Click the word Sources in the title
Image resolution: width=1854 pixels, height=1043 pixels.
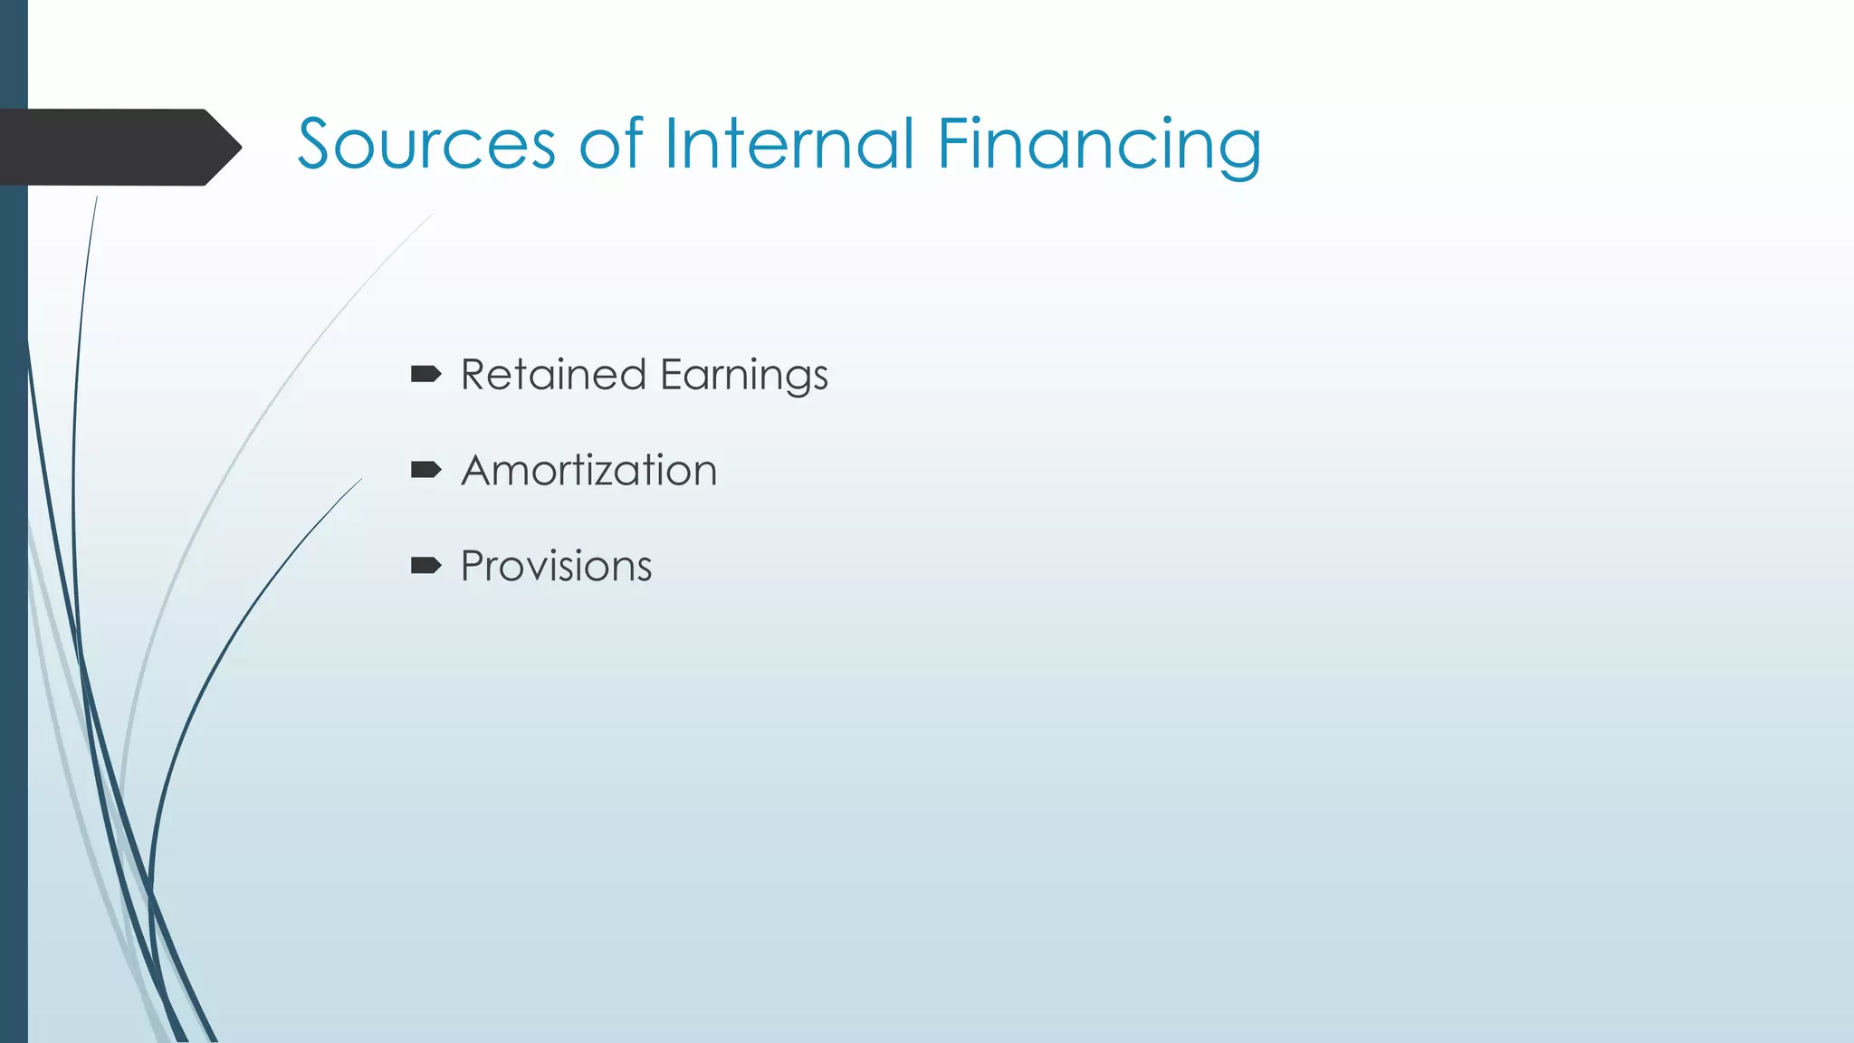coord(425,145)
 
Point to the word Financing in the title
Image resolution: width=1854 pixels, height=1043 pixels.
coord(1098,145)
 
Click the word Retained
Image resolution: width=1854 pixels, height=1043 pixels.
coord(553,375)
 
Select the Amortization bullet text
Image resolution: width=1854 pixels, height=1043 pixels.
coord(588,471)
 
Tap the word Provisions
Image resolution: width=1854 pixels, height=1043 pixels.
coord(556,567)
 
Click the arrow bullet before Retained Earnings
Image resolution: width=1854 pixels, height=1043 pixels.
coord(425,374)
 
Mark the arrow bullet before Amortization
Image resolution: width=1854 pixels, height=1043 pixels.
coord(425,469)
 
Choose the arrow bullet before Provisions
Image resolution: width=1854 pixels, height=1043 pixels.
coord(425,566)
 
